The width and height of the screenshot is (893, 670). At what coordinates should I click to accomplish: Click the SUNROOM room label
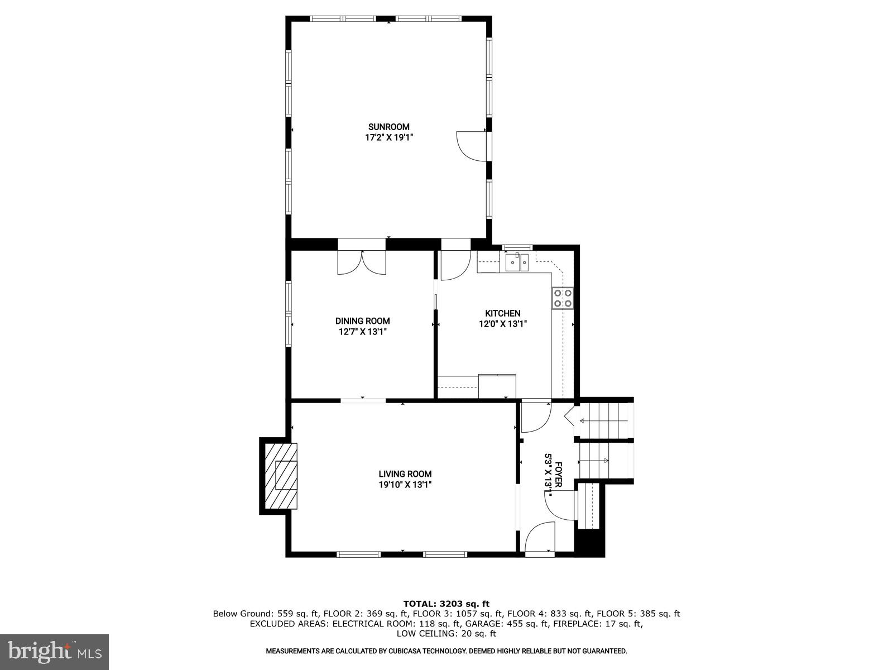coord(388,127)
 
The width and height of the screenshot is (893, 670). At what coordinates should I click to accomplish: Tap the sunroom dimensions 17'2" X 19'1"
coord(388,137)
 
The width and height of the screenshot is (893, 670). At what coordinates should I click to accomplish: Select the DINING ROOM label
coord(362,321)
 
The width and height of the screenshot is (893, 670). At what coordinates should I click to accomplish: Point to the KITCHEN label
coord(502,314)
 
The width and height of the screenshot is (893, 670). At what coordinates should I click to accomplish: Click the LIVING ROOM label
coord(405,474)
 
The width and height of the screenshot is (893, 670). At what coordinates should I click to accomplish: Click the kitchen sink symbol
coord(517,262)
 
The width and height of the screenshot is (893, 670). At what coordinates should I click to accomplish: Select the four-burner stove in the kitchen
coord(563,298)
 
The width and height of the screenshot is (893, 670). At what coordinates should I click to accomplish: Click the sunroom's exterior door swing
coord(472,146)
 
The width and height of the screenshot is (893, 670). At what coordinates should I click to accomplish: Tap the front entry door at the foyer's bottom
coord(540,537)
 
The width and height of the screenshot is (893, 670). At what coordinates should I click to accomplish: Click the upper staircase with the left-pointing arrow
coord(604,420)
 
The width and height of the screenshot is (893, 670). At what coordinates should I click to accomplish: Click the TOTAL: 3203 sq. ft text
coord(446,604)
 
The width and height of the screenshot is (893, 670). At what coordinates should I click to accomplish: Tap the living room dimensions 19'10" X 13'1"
coord(405,485)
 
